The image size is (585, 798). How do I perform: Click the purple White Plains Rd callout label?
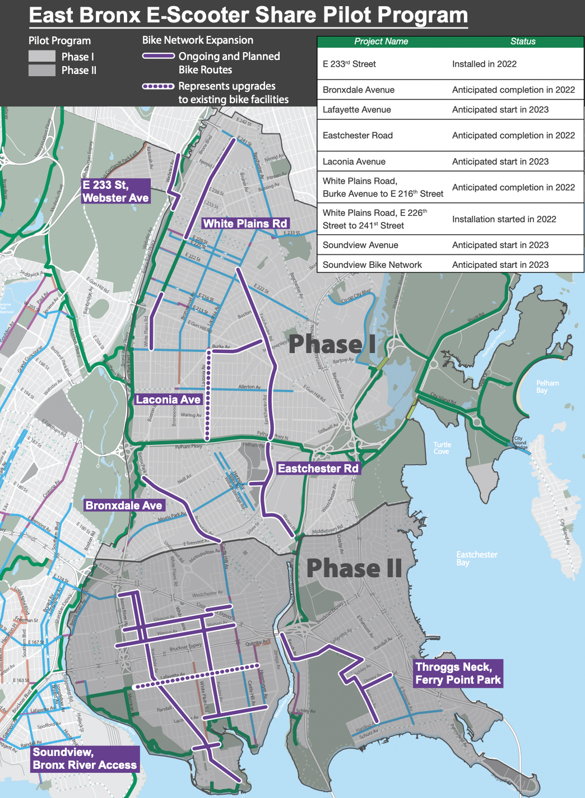245,224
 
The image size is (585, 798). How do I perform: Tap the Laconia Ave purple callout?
168,400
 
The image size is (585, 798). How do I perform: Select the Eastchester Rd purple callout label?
318,468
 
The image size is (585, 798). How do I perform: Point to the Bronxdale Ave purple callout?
124,505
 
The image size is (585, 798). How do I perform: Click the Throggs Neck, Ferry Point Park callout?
458,674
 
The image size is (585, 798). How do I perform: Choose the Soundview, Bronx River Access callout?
85,759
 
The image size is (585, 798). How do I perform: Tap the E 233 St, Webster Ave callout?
115,191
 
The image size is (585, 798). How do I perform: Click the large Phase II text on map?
354,568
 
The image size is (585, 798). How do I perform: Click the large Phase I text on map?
332,344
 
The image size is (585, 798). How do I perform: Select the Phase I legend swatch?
42,56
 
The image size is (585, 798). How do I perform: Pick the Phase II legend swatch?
42,70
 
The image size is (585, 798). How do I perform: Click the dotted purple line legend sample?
158,86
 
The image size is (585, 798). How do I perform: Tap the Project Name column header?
381,41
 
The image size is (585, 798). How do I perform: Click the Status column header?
523,41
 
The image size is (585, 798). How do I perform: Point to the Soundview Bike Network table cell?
372,265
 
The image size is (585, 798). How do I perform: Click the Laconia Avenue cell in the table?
354,161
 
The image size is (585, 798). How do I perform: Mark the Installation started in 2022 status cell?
504,219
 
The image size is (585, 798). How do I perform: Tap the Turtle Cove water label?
442,448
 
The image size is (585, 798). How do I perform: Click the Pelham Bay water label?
547,387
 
